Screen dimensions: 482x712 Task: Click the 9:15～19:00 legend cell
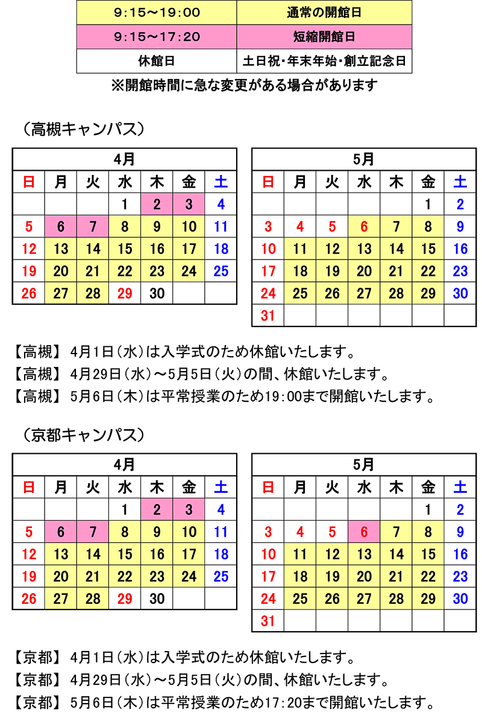pyautogui.click(x=157, y=12)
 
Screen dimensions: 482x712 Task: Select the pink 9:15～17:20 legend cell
pyautogui.click(x=157, y=37)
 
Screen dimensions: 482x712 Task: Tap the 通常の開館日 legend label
pyautogui.click(x=324, y=12)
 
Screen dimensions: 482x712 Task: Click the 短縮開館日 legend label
pyautogui.click(x=324, y=37)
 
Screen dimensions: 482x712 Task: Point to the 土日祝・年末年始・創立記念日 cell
pyautogui.click(x=324, y=61)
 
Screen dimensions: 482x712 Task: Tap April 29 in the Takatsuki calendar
pyautogui.click(x=125, y=293)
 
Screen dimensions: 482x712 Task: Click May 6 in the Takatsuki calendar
pyautogui.click(x=364, y=227)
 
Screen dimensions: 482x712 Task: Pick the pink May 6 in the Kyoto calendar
pyautogui.click(x=364, y=532)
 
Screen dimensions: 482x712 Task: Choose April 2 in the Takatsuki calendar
pyautogui.click(x=157, y=205)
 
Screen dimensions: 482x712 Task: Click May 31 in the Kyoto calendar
pyautogui.click(x=268, y=620)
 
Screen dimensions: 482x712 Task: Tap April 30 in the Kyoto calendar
pyautogui.click(x=157, y=598)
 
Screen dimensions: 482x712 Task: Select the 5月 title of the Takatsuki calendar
pyautogui.click(x=364, y=159)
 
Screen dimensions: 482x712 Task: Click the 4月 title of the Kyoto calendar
pyautogui.click(x=125, y=464)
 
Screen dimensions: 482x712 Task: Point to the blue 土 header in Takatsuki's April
pyautogui.click(x=221, y=181)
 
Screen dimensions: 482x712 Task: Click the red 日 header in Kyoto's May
pyautogui.click(x=268, y=486)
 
